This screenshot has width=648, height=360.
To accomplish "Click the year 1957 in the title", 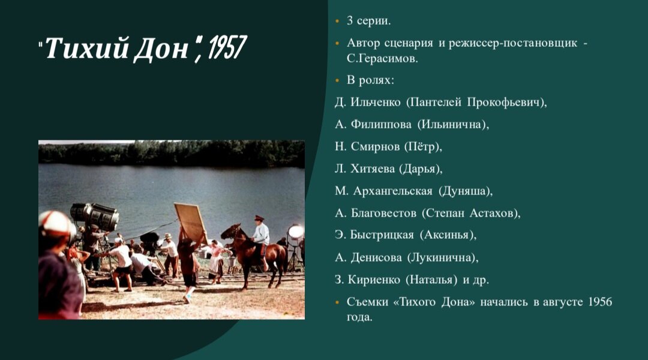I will pos(225,48).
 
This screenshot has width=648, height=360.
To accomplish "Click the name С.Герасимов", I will pos(382,59).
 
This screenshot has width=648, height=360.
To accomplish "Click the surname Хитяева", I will pos(370,169).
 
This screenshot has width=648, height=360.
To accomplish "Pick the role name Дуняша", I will pos(465,191).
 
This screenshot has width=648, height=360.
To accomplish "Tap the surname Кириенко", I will pos(374,279).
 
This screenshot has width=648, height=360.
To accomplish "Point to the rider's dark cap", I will pos(259,218).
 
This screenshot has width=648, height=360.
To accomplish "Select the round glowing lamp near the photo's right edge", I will pos(296,232).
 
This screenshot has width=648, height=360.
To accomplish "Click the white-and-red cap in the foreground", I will pos(55,223).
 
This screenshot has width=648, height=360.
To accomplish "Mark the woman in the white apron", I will pos(215,262).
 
